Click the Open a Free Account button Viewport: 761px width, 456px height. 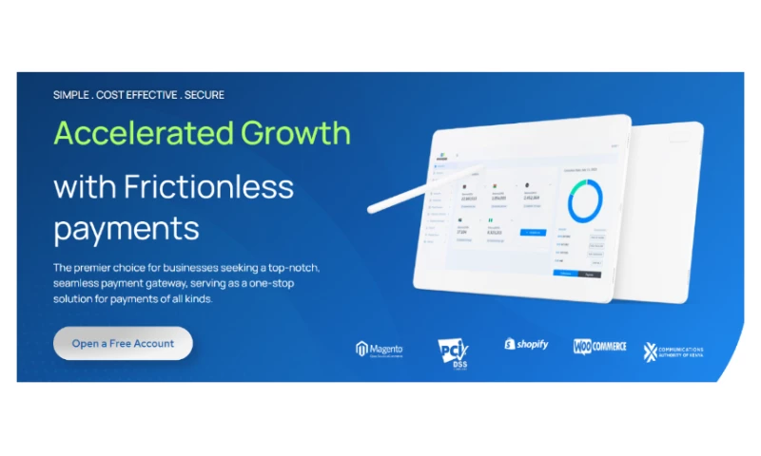pyautogui.click(x=123, y=343)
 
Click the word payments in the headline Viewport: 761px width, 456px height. pyautogui.click(x=127, y=229)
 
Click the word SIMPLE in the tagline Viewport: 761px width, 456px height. pyautogui.click(x=72, y=95)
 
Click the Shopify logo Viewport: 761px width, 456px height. pyautogui.click(x=526, y=344)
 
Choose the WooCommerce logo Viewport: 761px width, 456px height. pyautogui.click(x=599, y=346)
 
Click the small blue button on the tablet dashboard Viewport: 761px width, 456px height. pyautogui.click(x=533, y=232)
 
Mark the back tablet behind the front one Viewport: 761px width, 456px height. pyautogui.click(x=671, y=209)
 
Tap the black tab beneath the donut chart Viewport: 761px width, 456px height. pyautogui.click(x=589, y=274)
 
